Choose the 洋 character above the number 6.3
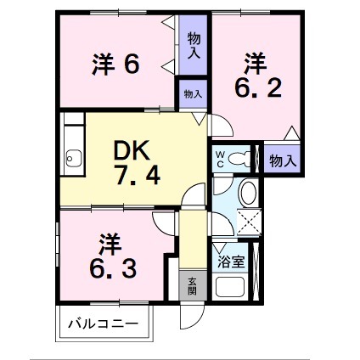pos(106,241)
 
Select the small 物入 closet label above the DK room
pos(193,94)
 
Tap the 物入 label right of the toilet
pos(282,160)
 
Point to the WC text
pos(219,159)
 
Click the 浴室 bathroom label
pos(231,261)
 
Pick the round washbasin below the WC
pos(250,193)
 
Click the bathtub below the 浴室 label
pos(231,286)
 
